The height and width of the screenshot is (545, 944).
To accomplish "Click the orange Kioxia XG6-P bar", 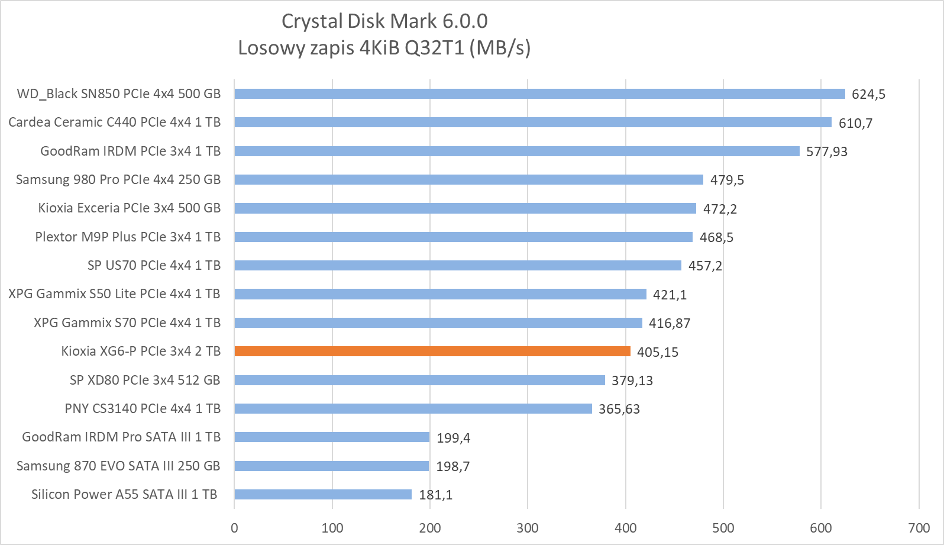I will [x=432, y=351].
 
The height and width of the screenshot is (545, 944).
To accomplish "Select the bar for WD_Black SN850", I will [x=539, y=94].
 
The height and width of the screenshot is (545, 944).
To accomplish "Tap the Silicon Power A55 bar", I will [x=323, y=495].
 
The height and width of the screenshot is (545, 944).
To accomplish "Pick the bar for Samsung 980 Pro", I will [x=468, y=180].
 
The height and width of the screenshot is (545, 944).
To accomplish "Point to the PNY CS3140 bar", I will [x=413, y=409].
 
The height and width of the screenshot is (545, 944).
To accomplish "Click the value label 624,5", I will [x=868, y=95].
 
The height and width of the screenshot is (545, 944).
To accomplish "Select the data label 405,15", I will [x=657, y=353].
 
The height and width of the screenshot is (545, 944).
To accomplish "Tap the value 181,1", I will [x=435, y=495].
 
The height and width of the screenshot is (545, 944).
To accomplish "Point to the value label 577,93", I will [x=826, y=152].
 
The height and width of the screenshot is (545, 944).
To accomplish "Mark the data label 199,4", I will [x=453, y=438].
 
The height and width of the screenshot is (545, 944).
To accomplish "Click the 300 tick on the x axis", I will [x=528, y=528].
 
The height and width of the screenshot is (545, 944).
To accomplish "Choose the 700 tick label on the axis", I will [x=919, y=528].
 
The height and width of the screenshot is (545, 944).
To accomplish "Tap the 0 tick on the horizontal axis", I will [x=235, y=528].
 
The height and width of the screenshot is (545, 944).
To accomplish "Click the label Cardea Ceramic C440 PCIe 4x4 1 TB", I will [x=114, y=122].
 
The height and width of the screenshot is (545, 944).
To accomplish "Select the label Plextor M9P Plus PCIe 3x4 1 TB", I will [x=128, y=237].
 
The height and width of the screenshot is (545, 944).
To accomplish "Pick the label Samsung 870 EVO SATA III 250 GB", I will [x=118, y=466].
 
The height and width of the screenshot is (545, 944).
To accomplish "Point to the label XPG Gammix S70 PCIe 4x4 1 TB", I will [x=127, y=323].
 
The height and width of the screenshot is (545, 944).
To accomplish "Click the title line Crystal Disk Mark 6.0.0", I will [x=384, y=21].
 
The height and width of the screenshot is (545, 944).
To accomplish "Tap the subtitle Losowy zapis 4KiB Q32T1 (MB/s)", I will [x=384, y=48].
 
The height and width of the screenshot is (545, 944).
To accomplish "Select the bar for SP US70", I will [x=458, y=266].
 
